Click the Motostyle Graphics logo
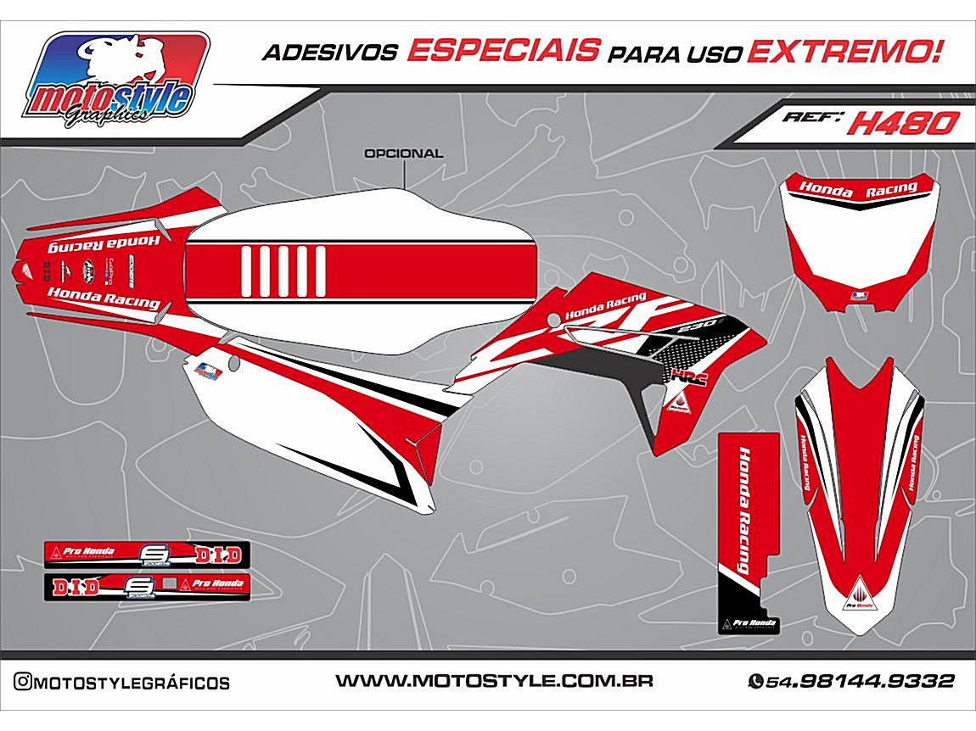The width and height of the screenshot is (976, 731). click(x=117, y=81)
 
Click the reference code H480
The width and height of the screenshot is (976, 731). click(x=902, y=124)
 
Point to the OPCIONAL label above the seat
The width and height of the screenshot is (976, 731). click(x=403, y=154)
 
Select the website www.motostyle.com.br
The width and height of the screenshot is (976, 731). click(x=493, y=681)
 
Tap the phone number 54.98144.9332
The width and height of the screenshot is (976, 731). click(x=860, y=681)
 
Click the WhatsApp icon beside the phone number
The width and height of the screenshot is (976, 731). click(x=754, y=681)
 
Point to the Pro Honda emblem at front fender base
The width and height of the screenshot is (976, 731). click(x=859, y=599)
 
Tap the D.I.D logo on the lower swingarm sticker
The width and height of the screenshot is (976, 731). click(x=76, y=586)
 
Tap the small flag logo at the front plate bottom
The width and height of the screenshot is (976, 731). click(x=859, y=296)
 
